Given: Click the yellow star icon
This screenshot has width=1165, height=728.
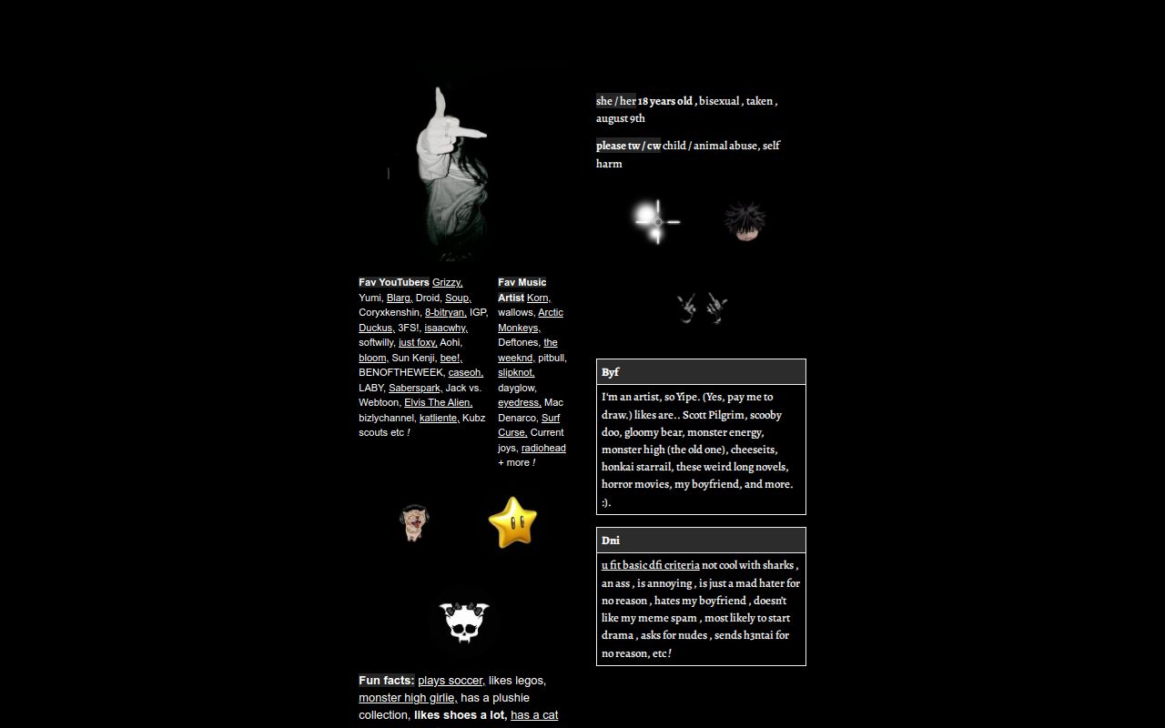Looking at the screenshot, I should tap(512, 521).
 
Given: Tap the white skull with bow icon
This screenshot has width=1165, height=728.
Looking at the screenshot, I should tap(465, 622).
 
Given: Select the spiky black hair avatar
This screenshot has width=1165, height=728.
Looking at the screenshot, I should tap(745, 221).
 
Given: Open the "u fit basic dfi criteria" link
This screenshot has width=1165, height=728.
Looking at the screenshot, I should tap(650, 565).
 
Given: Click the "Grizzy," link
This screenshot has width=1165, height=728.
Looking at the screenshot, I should tap(447, 283).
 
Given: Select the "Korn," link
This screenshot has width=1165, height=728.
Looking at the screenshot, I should tap(538, 298).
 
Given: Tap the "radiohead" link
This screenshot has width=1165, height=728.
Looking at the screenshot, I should tap(543, 448).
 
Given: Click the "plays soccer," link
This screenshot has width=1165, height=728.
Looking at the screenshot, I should tap(451, 681).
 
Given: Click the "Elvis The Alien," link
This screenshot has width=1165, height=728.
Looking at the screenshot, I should tap(438, 402).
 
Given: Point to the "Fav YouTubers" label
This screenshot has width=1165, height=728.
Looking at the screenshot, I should tap(394, 283).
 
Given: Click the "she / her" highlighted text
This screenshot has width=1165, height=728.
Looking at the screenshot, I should tap(616, 101).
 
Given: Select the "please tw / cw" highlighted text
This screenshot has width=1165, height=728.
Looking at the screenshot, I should tap(628, 146).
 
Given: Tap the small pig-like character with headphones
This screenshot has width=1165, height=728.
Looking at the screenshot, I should tap(414, 522).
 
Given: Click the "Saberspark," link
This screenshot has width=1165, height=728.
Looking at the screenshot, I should tap(415, 388).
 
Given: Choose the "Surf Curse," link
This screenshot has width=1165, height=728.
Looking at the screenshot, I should tap(529, 425).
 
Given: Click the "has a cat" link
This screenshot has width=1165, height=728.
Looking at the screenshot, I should tap(534, 715).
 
